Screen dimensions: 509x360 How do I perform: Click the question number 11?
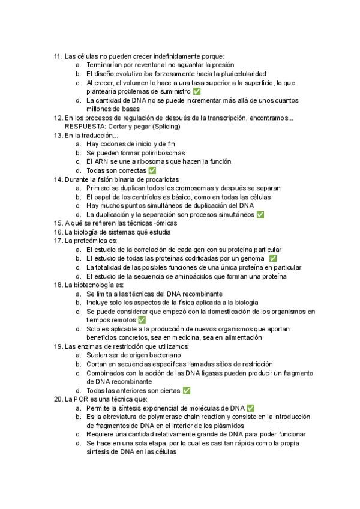point(58,56)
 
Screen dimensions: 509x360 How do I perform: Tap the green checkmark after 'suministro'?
point(197,91)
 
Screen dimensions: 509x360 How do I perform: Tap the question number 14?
point(58,179)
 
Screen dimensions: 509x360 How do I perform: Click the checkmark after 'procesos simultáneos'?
point(260,214)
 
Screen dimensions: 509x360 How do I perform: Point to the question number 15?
point(58,223)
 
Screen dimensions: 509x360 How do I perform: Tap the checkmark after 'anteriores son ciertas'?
point(187,391)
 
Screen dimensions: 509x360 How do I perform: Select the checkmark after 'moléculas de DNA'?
point(250,408)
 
